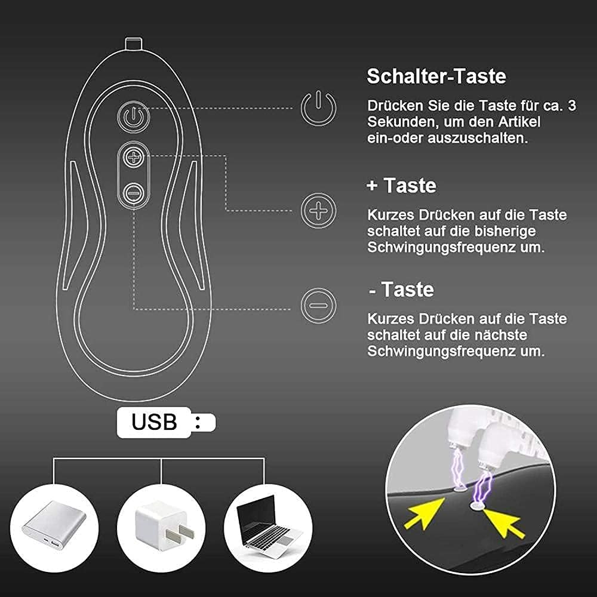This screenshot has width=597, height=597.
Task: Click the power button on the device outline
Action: pos(133,116)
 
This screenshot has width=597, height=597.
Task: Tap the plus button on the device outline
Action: pos(133,156)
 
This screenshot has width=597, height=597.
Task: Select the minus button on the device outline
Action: pos(133,193)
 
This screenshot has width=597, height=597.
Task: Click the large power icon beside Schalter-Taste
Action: pos(319,108)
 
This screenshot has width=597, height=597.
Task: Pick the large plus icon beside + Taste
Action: pos(319,211)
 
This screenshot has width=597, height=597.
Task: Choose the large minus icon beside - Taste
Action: pos(319,305)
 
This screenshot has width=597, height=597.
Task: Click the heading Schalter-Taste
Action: pos(436,76)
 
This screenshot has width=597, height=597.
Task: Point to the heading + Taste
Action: pos(401,186)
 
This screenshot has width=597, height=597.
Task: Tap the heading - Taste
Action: pos(401,290)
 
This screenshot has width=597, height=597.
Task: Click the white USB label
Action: pos(167,423)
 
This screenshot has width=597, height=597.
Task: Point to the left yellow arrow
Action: pos(424,513)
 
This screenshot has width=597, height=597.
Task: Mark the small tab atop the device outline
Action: pos(134,43)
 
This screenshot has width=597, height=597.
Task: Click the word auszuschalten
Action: pos(478,139)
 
